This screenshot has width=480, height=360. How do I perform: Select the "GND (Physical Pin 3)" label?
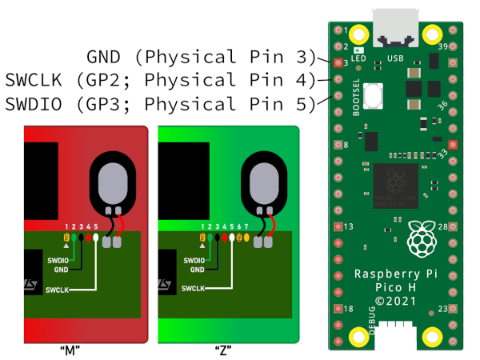coord(201,57)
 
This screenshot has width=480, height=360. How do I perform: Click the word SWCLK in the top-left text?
coord(30,80)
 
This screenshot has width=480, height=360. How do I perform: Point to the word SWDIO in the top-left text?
coord(30,103)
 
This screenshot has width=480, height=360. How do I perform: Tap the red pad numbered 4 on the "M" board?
coord(89,238)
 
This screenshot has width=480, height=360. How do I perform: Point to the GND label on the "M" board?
coord(62,270)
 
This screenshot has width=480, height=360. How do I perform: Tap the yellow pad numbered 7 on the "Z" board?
coord(247,238)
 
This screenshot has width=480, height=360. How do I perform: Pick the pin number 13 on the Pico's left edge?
coord(348,227)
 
